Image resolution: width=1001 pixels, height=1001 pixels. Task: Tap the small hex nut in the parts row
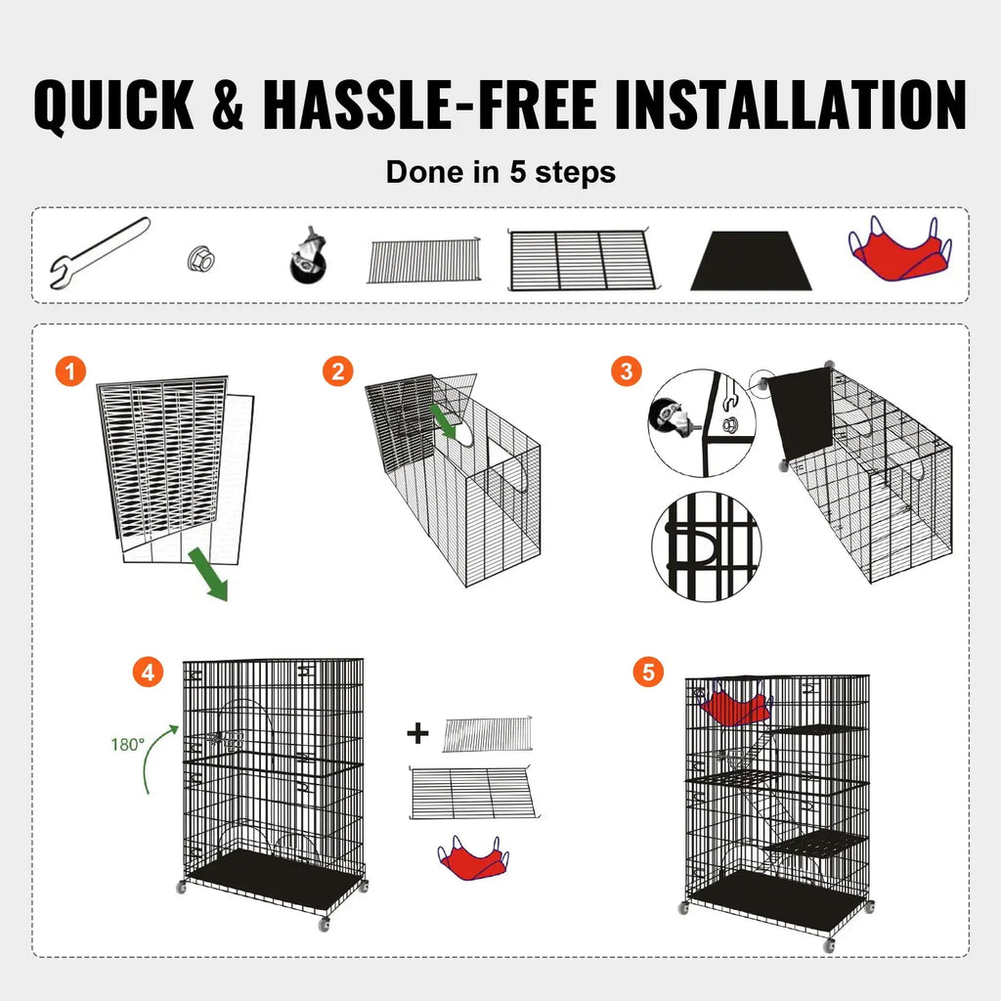click(x=200, y=259)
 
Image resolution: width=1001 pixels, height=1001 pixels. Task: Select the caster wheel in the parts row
click(x=308, y=257)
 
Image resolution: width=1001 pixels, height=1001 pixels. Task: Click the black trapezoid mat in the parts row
click(x=751, y=261)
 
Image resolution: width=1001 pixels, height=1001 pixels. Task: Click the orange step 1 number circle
click(x=70, y=371)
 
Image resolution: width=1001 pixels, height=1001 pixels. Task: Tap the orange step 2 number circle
click(x=338, y=371)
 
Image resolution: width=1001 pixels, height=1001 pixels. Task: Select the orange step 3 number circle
click(x=627, y=371)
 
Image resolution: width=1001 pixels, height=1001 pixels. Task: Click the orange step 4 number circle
click(x=148, y=673)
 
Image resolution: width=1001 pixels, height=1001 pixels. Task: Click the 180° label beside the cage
click(x=127, y=744)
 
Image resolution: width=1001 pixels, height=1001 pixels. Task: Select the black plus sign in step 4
click(x=418, y=733)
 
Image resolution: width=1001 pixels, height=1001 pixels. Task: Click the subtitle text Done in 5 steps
click(x=500, y=172)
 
